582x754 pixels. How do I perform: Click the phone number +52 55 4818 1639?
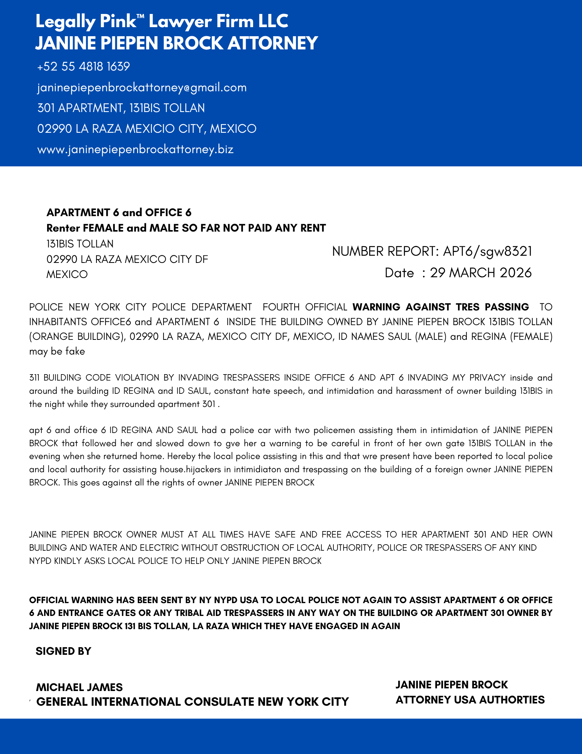pos(84,67)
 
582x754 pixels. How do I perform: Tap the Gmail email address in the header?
pos(142,88)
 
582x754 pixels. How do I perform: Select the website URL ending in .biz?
pos(136,149)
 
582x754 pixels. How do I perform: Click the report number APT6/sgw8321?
pos(487,251)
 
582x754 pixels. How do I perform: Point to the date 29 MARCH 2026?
pos(481,273)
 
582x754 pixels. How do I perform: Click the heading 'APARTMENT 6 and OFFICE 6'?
pos(119,213)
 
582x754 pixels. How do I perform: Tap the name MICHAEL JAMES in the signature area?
pos(79,687)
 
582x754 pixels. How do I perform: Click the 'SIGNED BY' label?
pos(64,651)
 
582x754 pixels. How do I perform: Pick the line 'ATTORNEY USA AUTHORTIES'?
pos(470,700)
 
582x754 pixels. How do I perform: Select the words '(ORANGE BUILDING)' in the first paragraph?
pos(77,336)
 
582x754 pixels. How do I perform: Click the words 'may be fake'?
pos(57,352)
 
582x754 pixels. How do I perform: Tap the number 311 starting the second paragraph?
pos(35,378)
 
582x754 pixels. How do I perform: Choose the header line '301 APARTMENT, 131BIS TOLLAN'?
pos(121,108)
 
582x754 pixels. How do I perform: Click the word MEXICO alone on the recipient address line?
pos(67,274)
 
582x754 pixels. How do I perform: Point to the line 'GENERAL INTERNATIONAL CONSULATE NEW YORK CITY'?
pos(192,702)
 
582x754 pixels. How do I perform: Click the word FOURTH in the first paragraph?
pos(281,307)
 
